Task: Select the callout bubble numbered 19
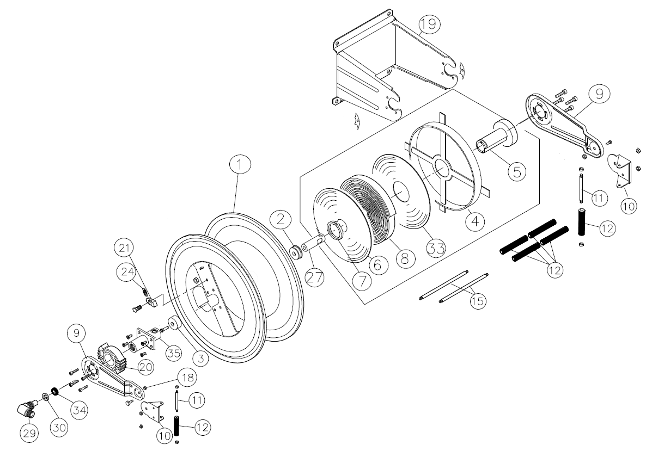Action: coord(430,24)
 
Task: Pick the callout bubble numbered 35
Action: coord(174,352)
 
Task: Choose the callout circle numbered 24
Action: coord(126,272)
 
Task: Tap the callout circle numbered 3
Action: coord(202,359)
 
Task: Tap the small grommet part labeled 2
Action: coord(297,252)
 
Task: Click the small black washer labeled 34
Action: coord(54,392)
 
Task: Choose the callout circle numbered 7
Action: coord(361,281)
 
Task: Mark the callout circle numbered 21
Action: coord(125,249)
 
